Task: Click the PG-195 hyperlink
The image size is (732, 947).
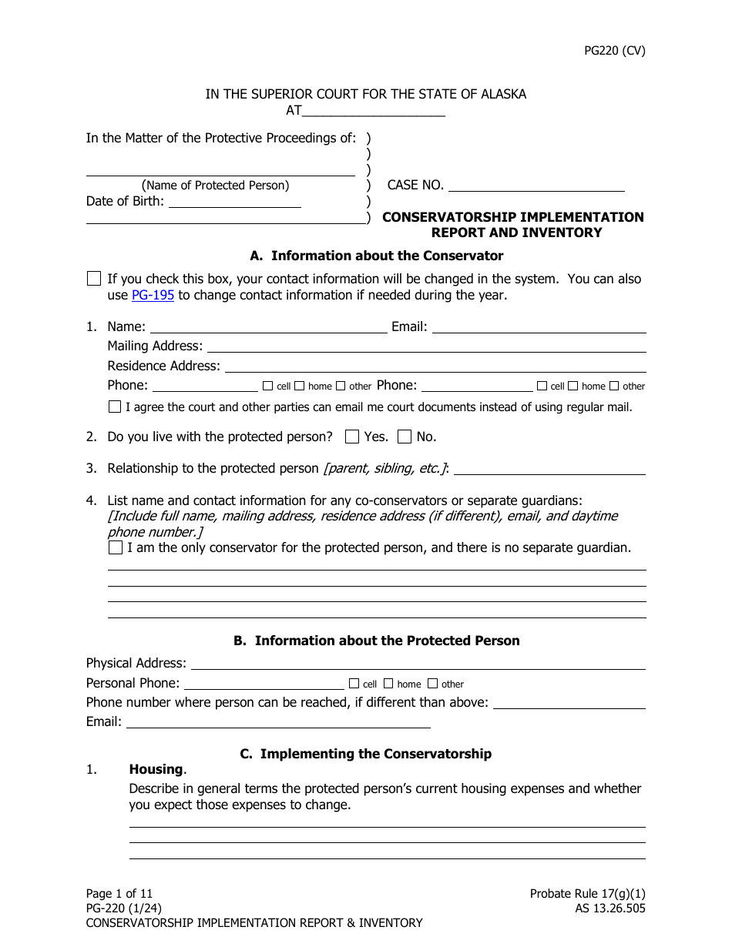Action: click(153, 295)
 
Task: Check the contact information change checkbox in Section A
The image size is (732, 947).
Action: click(94, 279)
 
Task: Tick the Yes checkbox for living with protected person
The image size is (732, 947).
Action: click(352, 437)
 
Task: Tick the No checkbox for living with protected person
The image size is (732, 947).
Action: click(405, 437)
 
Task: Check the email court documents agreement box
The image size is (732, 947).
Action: click(115, 407)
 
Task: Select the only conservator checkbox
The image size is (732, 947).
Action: click(115, 548)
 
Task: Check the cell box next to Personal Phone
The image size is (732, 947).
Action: click(354, 683)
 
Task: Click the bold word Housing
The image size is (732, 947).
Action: click(156, 769)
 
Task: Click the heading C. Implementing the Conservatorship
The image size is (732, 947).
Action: click(365, 754)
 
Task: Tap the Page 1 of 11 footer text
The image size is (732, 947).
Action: click(120, 894)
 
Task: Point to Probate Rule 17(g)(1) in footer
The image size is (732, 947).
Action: click(588, 894)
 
